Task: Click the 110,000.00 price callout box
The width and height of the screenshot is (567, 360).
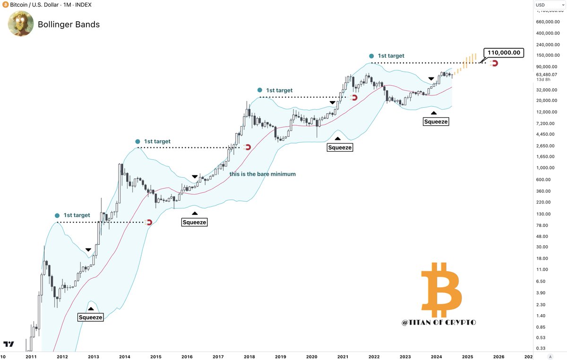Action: coord(503,53)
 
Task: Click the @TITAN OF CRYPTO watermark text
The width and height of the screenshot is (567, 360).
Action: coord(438,322)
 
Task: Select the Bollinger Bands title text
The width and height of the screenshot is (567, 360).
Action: coord(69,25)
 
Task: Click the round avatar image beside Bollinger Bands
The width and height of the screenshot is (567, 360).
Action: coord(21,24)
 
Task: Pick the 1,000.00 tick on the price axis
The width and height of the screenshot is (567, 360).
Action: coord(545,168)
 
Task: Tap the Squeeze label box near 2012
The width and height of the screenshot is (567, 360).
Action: coord(90,317)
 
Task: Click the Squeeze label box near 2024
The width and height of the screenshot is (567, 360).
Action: coord(435,121)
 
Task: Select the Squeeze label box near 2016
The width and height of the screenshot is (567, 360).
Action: coord(194,222)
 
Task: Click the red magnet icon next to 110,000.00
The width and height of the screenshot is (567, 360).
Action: coord(494,63)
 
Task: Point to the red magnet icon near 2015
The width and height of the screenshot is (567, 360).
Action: coord(148,222)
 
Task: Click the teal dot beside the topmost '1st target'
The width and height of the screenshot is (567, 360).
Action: coord(372,56)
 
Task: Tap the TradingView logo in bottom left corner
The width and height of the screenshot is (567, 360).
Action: coord(8,344)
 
